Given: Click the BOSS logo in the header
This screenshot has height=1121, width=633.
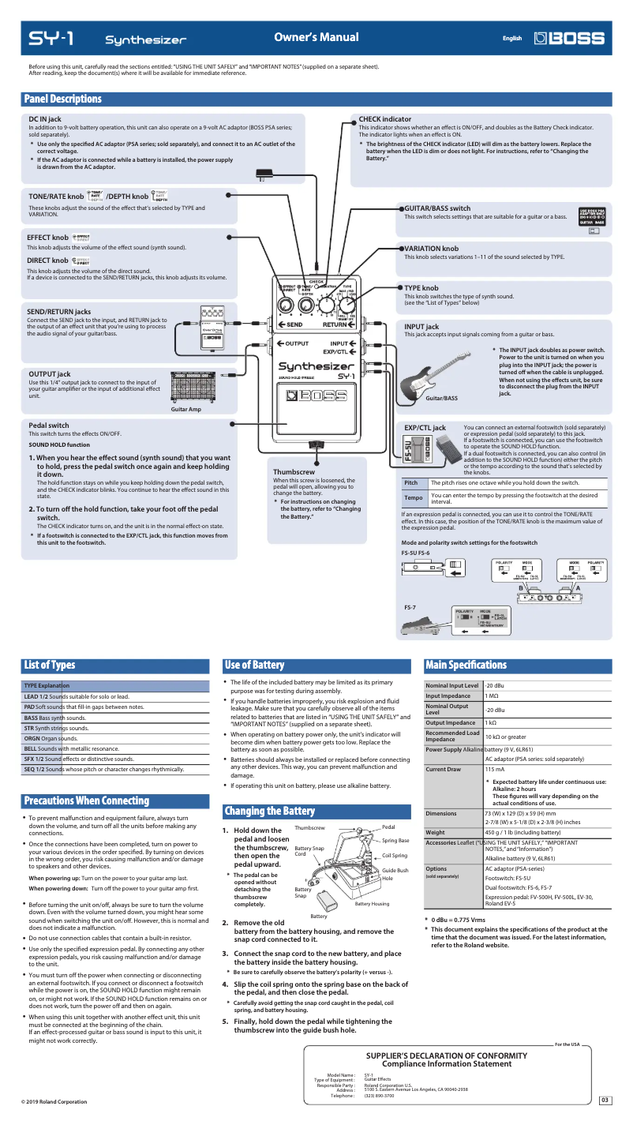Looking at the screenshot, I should pyautogui.click(x=569, y=38).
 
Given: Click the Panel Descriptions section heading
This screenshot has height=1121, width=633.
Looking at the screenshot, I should pyautogui.click(x=63, y=99).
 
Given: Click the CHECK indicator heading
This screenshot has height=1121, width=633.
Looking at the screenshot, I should pyautogui.click(x=384, y=119).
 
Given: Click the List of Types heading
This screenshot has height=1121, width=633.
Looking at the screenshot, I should pyautogui.click(x=49, y=665).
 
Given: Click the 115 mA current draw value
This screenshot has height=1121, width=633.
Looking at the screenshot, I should pyautogui.click(x=495, y=768).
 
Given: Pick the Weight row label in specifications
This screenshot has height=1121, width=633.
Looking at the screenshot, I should pyautogui.click(x=435, y=832).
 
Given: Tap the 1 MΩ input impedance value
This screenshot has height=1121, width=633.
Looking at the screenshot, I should pyautogui.click(x=492, y=695).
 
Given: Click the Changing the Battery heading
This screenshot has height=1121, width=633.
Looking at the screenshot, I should pyautogui.click(x=269, y=811).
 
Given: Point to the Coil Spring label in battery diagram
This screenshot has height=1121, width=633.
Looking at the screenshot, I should pyautogui.click(x=395, y=855).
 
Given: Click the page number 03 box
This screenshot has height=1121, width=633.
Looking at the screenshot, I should pyautogui.click(x=605, y=1100).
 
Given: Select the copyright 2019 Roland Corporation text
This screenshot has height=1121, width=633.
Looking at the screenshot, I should pyautogui.click(x=54, y=1101).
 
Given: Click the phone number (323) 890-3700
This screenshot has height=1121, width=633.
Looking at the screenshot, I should pyautogui.click(x=380, y=1095).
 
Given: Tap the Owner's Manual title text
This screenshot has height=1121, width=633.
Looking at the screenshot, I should pyautogui.click(x=316, y=37).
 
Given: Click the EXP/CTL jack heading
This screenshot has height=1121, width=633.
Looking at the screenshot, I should pyautogui.click(x=425, y=427).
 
